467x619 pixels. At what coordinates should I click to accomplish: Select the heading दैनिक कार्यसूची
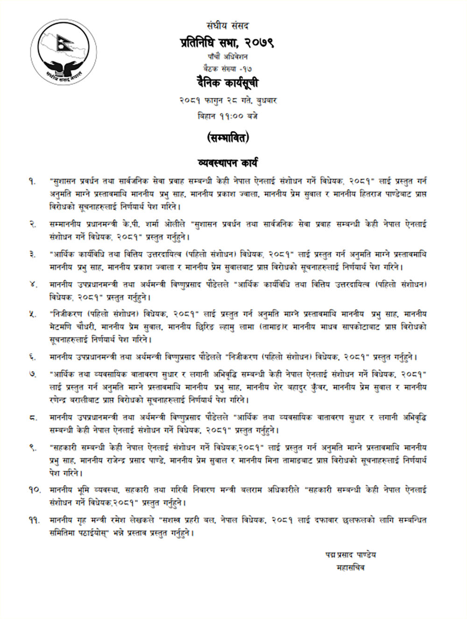227,83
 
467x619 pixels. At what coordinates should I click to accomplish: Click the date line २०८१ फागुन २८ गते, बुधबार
227,100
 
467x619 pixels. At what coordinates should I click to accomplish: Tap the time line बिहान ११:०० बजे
227,116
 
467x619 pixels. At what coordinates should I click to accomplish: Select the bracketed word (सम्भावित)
227,138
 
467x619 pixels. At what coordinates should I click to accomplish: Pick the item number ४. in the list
32,285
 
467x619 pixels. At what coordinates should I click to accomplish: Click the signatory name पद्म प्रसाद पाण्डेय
351,555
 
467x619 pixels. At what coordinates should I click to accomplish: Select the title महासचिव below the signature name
351,568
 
